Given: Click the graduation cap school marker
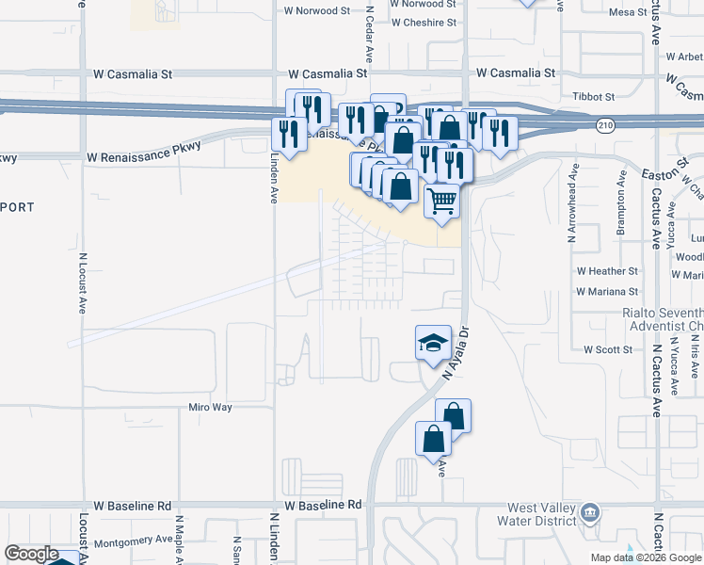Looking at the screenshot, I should point(433,342).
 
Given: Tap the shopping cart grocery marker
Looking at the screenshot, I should point(441,200).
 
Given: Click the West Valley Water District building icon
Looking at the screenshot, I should point(590,513).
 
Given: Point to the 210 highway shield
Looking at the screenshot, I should point(606,124).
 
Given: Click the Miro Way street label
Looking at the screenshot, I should point(210,408).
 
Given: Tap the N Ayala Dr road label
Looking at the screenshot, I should point(459,351).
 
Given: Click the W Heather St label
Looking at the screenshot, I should point(607,271).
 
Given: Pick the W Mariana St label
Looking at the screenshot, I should point(607,292).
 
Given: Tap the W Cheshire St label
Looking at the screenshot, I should point(424,23).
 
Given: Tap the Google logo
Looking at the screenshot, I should point(31,554).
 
